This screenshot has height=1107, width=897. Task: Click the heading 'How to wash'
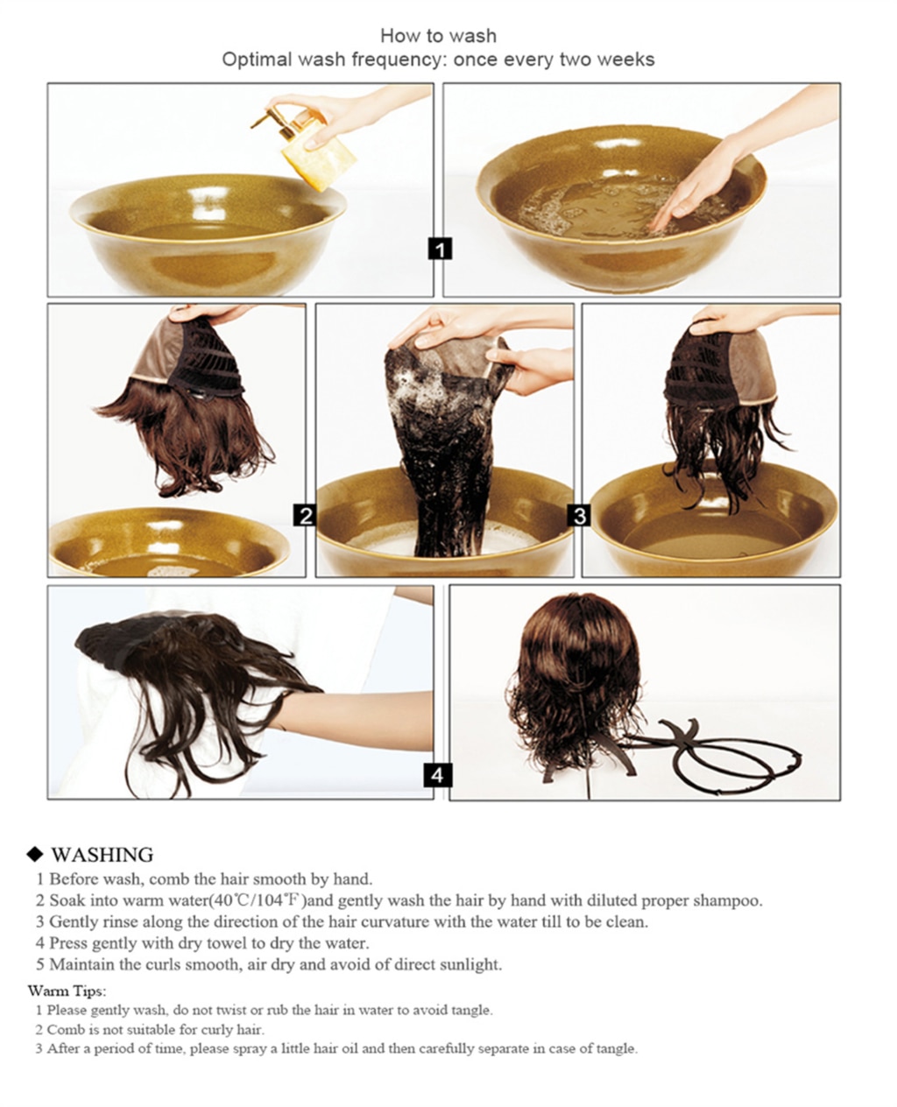[x=438, y=36]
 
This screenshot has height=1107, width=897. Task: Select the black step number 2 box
[x=305, y=515]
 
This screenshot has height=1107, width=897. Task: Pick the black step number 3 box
[x=580, y=515]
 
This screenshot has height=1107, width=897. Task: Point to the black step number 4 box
[x=438, y=774]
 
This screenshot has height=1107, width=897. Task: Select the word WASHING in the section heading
[x=102, y=855]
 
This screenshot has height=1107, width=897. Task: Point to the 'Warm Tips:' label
[x=67, y=991]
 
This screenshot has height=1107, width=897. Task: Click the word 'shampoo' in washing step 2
[x=727, y=900]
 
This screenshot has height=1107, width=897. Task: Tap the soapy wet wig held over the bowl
[x=434, y=447]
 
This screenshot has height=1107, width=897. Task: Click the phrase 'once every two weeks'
[x=554, y=60]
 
